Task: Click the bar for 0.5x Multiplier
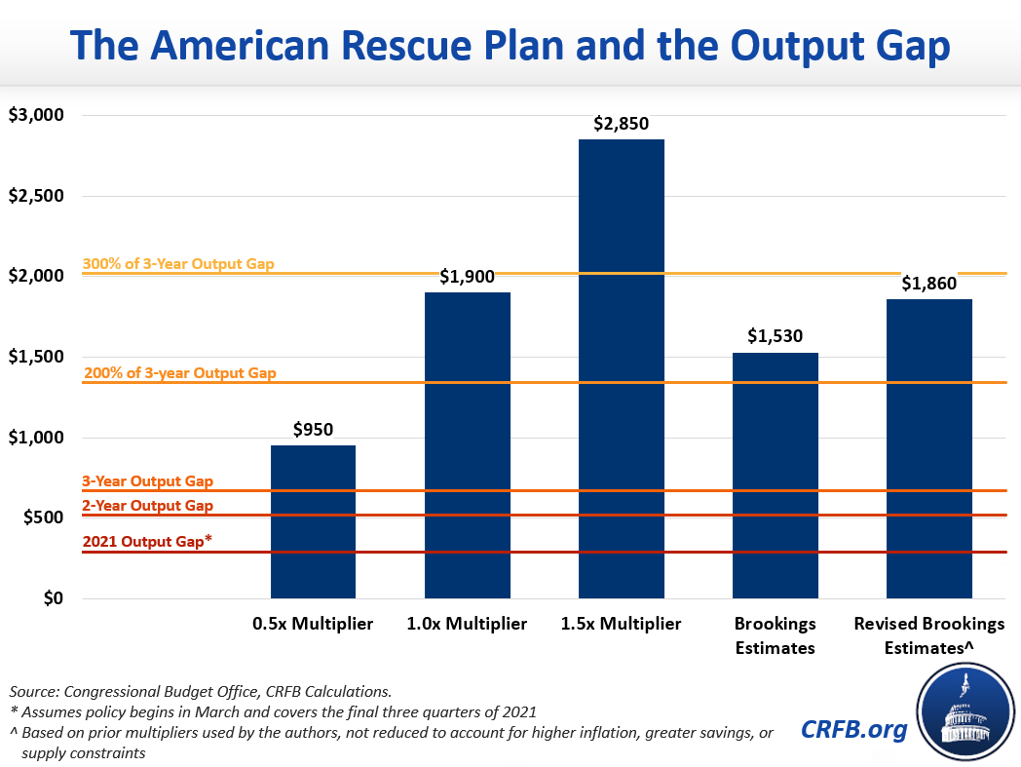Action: point(313,521)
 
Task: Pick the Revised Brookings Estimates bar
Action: point(928,448)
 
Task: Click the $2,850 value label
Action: point(621,124)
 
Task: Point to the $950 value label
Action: point(313,430)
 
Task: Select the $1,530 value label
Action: point(775,336)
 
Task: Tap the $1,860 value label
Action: point(928,284)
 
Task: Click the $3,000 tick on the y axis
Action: point(35,115)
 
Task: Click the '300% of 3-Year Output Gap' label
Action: point(178,264)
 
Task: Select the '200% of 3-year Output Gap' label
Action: point(180,373)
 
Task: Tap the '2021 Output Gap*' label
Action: point(147,543)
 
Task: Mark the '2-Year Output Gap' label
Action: point(147,506)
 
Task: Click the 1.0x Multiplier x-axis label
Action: point(467,624)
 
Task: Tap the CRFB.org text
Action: point(853,729)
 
